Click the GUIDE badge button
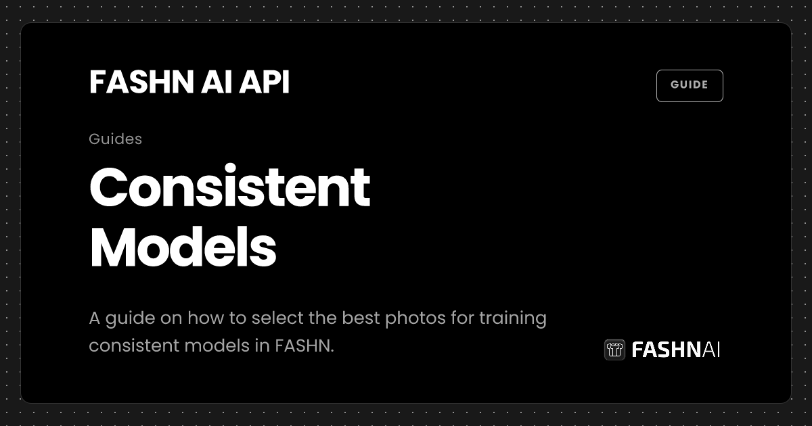point(690,85)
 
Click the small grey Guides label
point(115,139)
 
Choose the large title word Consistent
point(229,188)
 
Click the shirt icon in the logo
point(614,350)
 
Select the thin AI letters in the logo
point(711,350)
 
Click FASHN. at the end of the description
point(304,346)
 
